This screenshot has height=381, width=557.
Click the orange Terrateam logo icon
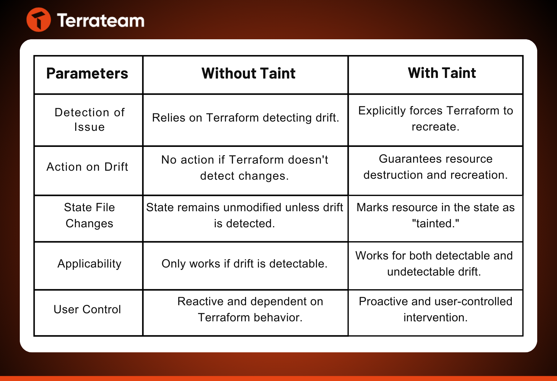pyautogui.click(x=39, y=20)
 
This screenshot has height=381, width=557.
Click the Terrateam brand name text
pyautogui.click(x=101, y=20)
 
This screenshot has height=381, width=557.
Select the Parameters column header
pyautogui.click(x=87, y=74)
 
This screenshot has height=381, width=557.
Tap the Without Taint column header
pyautogui.click(x=248, y=74)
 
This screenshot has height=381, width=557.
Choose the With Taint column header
pyautogui.click(x=442, y=73)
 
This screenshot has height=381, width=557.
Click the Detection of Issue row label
pyautogui.click(x=89, y=119)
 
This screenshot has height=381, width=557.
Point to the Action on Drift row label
pyautogui.click(x=87, y=167)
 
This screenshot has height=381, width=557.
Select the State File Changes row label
pyautogui.click(x=89, y=215)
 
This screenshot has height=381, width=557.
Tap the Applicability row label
pyautogui.click(x=89, y=264)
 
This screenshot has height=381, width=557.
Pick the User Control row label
pyautogui.click(x=87, y=309)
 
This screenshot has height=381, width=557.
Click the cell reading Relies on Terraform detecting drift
pyautogui.click(x=246, y=118)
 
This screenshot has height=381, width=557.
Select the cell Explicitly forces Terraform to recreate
pyautogui.click(x=436, y=118)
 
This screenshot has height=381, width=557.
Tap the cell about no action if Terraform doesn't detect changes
pyautogui.click(x=245, y=168)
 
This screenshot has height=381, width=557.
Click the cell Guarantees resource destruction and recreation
pyautogui.click(x=436, y=167)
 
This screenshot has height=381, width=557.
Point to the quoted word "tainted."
pyautogui.click(x=436, y=223)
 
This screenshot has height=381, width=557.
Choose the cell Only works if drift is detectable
pyautogui.click(x=244, y=263)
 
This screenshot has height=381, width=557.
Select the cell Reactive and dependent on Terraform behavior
pyautogui.click(x=250, y=309)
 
